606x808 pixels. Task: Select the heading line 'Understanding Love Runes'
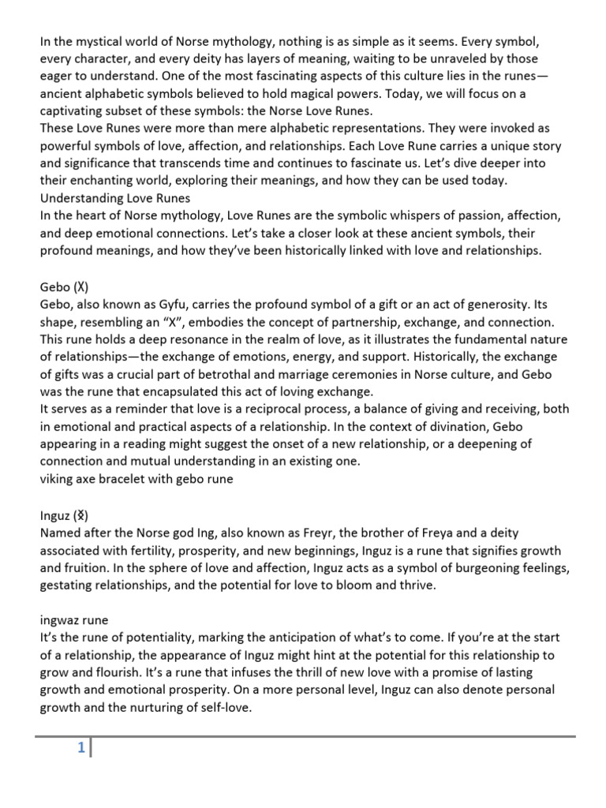pos(115,197)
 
